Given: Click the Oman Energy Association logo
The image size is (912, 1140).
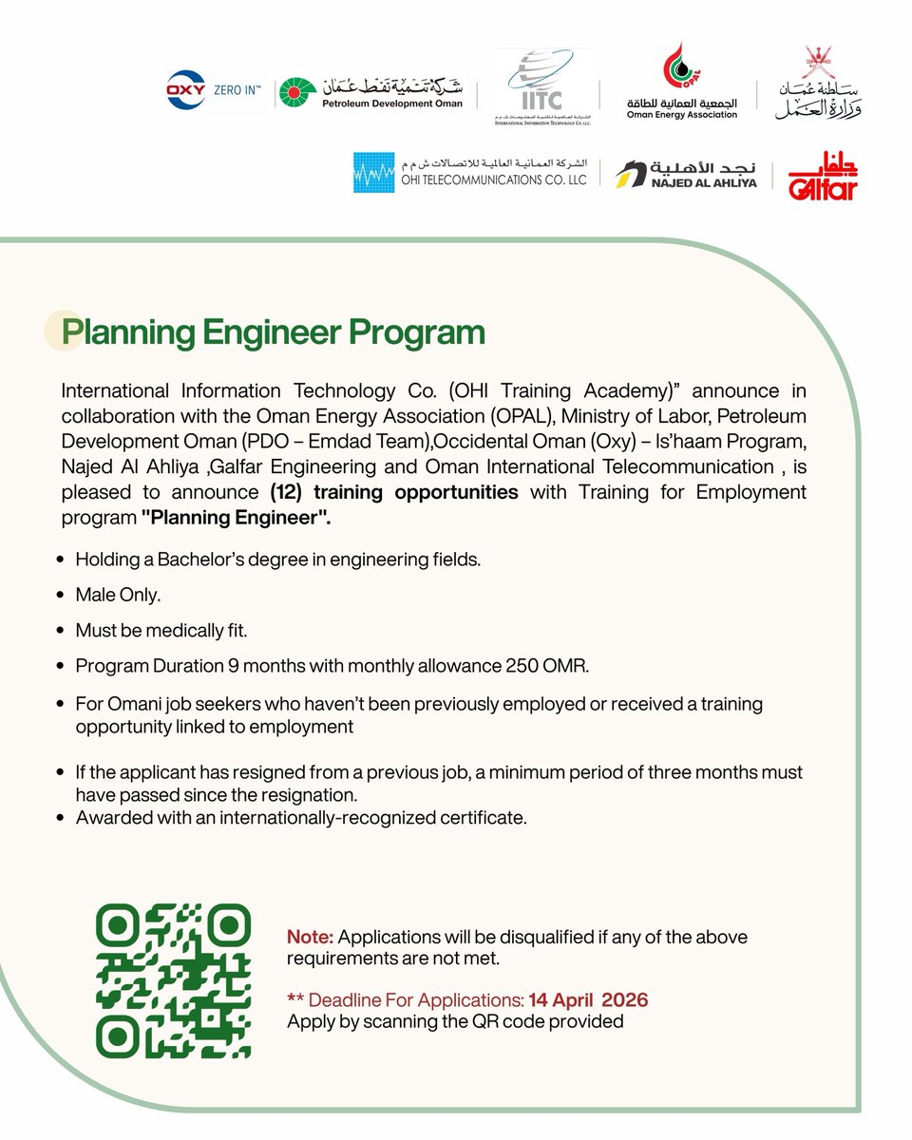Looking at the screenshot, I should point(682,82).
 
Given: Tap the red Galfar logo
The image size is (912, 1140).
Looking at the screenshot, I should point(824,175).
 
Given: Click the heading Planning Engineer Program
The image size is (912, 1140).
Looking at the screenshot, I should point(273,332).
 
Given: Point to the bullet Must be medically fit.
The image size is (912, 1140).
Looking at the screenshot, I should point(161,629).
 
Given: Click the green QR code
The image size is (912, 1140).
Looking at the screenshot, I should point(174,979).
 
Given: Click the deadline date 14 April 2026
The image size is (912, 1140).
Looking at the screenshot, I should point(589,1000).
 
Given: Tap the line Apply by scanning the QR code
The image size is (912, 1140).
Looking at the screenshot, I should point(455,1022).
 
